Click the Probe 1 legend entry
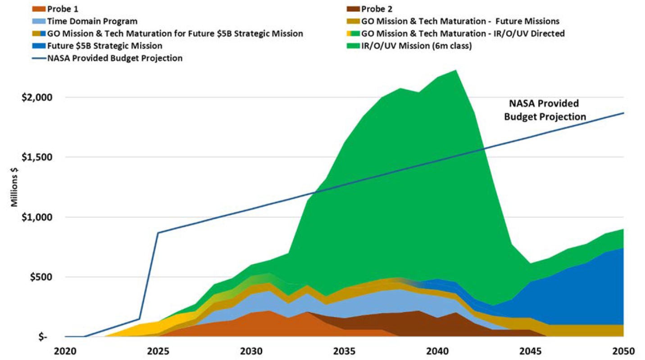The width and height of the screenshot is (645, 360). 63,8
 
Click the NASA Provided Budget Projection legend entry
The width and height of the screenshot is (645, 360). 114,58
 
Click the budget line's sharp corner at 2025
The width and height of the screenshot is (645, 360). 158,233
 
